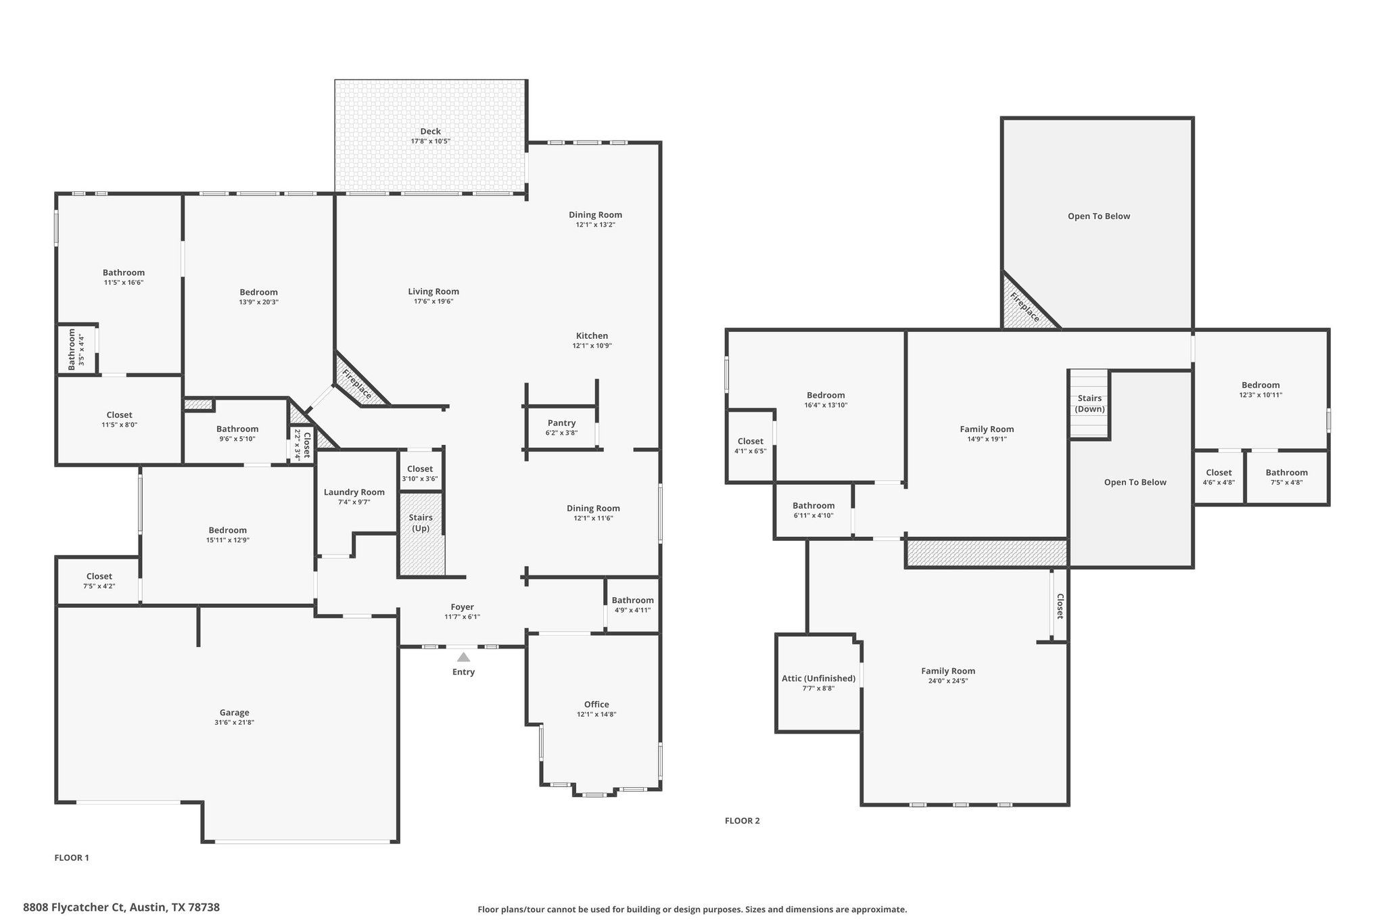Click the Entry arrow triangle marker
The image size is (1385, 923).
(463, 657)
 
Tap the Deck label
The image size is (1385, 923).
(430, 132)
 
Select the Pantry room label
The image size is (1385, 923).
(561, 423)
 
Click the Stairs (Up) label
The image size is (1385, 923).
(421, 523)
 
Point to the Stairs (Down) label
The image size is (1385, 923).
(1089, 404)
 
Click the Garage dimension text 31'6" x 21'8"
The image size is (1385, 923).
(234, 722)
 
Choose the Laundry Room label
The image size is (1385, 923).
(354, 492)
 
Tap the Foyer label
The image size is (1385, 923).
(463, 607)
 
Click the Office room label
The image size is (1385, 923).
(596, 705)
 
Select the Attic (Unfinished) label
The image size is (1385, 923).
(818, 678)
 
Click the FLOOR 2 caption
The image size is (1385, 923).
(742, 821)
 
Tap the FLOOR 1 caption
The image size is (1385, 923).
(72, 858)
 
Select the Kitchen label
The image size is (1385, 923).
(592, 336)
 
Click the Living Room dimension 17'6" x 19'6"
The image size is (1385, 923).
(433, 302)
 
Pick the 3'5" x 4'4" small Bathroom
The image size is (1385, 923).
(76, 350)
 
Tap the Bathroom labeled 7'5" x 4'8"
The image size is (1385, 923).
(1286, 477)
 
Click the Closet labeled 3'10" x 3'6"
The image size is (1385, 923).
(419, 473)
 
